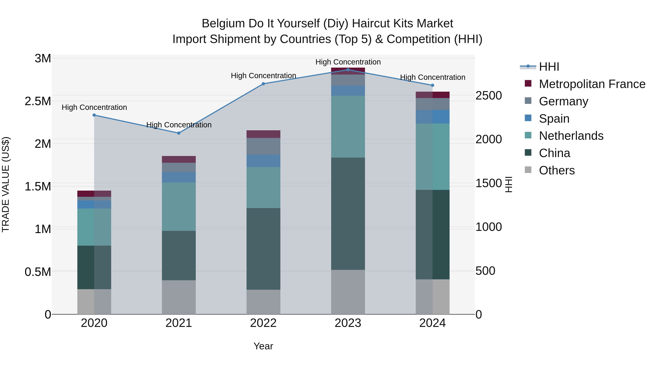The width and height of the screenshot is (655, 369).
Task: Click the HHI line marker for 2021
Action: click(179, 133)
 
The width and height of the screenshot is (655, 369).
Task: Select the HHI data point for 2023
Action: click(348, 70)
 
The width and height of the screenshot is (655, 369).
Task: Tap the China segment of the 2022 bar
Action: click(263, 249)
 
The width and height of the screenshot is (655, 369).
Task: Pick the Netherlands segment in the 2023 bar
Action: click(348, 127)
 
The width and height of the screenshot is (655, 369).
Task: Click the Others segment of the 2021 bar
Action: click(179, 297)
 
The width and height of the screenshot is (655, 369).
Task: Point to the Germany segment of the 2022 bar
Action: click(263, 147)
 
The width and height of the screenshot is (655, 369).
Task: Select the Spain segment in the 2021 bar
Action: click(179, 177)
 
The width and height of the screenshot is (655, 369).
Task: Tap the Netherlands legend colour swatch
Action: click(528, 136)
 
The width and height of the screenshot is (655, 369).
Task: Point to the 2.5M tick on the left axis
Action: click(38, 101)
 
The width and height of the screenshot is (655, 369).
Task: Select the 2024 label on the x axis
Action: click(432, 323)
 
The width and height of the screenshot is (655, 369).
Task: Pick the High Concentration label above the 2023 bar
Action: click(348, 62)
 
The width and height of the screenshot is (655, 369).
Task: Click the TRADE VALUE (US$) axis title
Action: click(6, 184)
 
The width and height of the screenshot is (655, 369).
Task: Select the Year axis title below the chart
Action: click(263, 346)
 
